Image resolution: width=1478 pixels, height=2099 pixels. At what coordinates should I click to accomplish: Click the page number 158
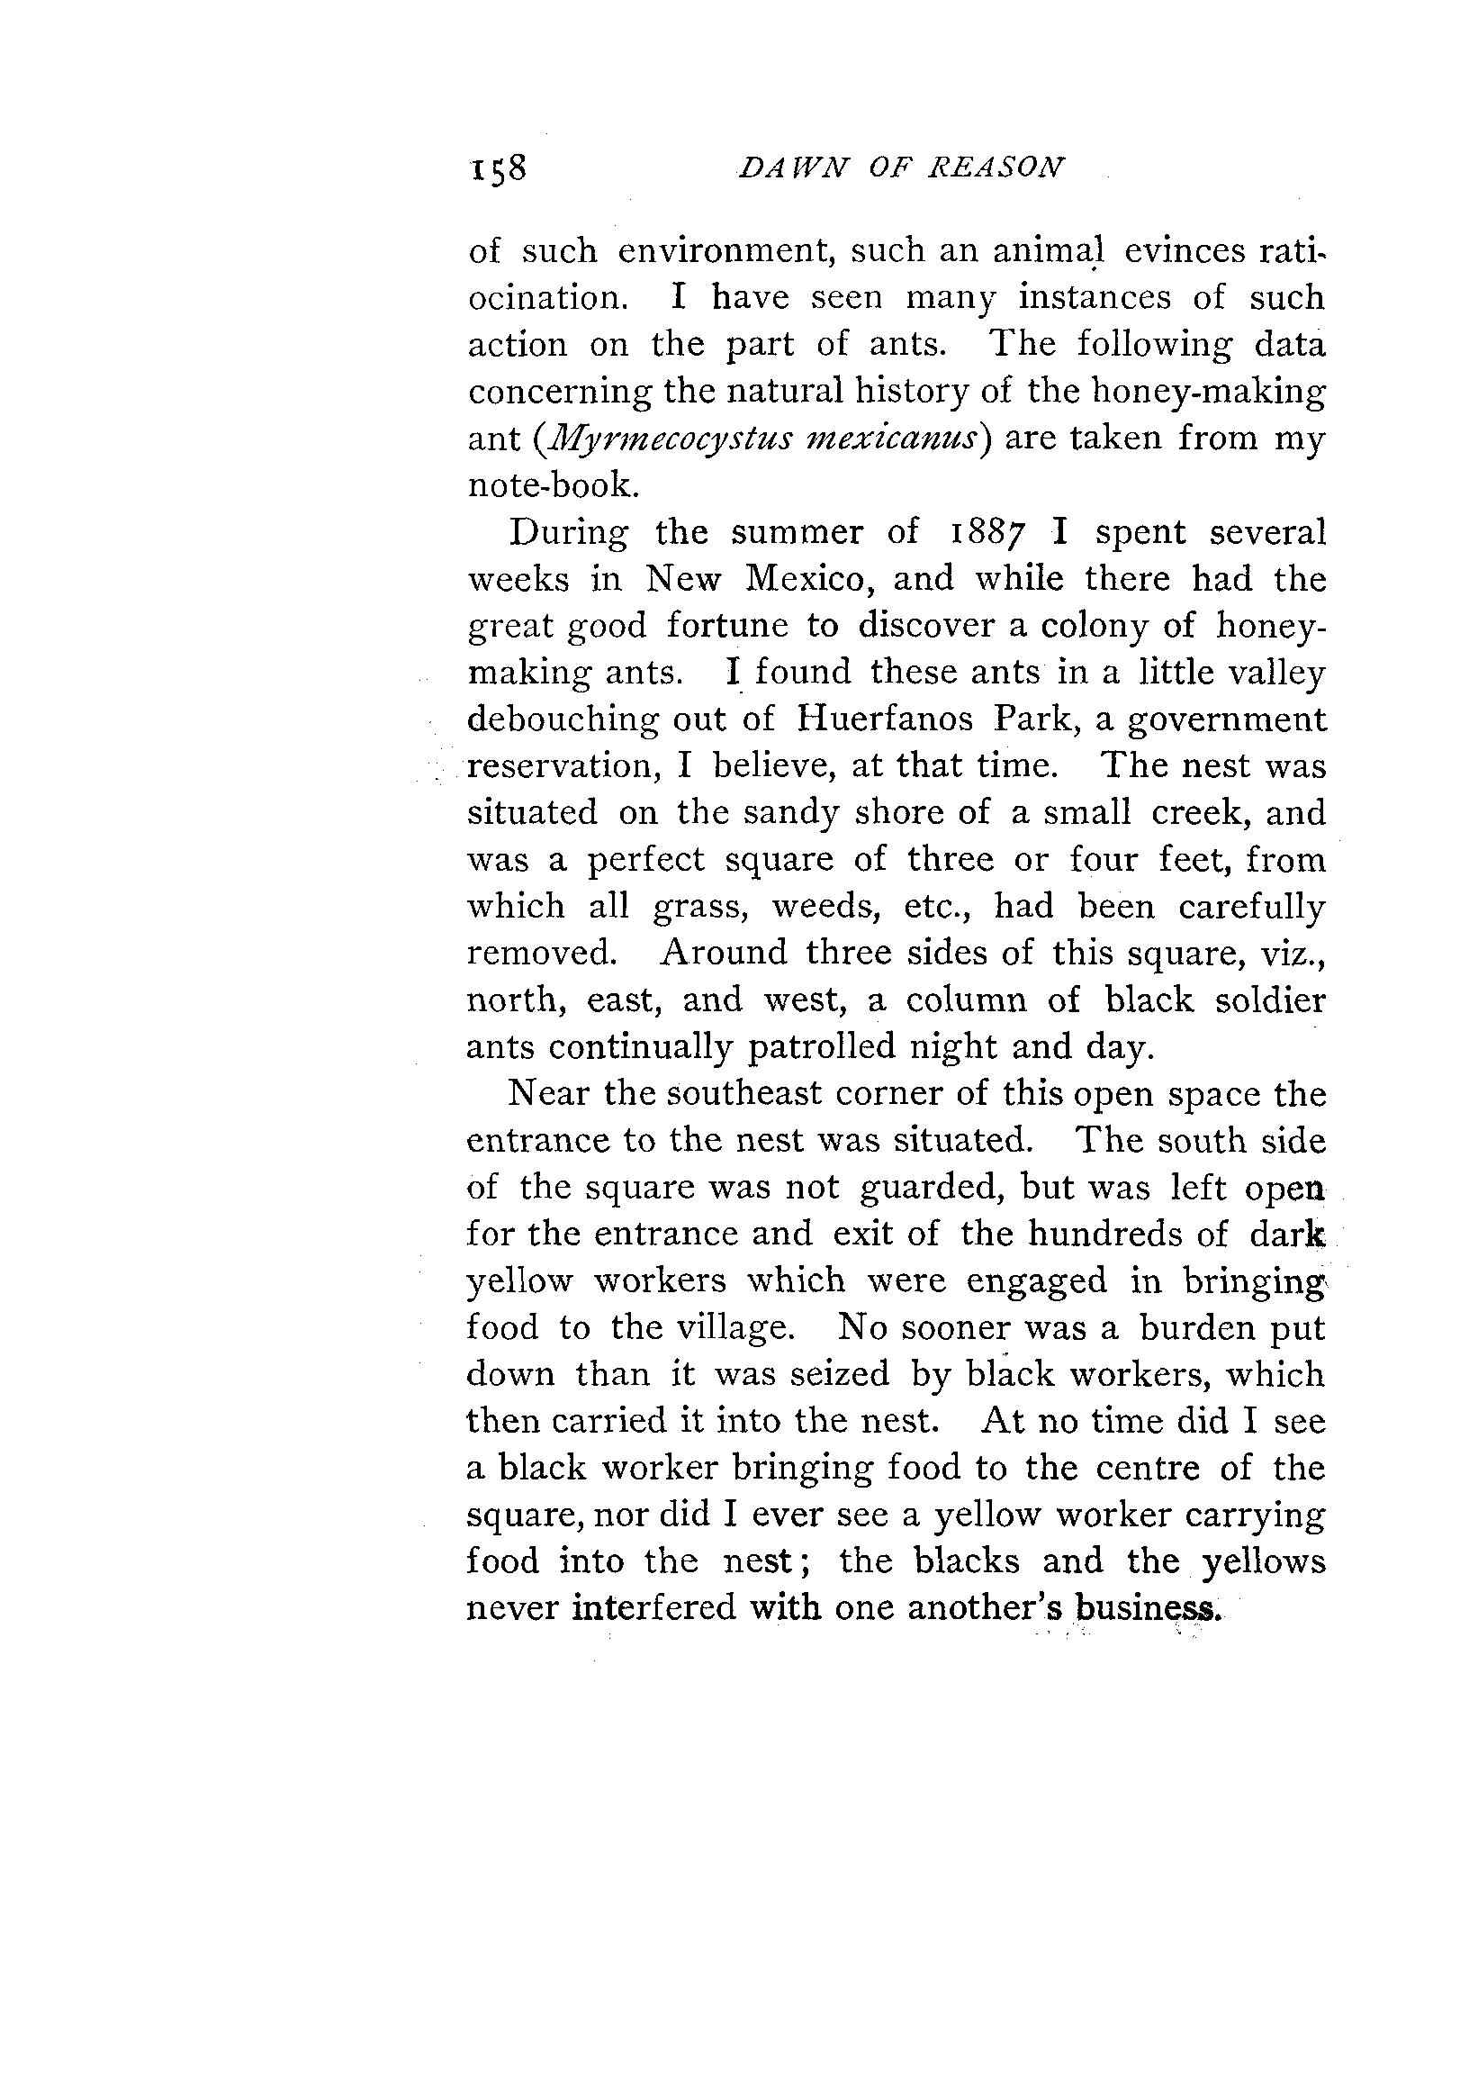point(499,169)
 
